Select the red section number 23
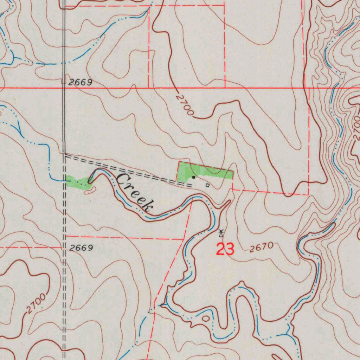click(x=225, y=249)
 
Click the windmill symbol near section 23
click(x=221, y=233)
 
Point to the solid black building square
click(x=193, y=178)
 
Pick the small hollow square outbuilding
click(x=207, y=185)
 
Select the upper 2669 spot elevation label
click(x=80, y=83)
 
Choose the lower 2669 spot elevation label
click(x=81, y=248)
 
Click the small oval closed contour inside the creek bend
click(x=206, y=319)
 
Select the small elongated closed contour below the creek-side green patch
click(x=90, y=191)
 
